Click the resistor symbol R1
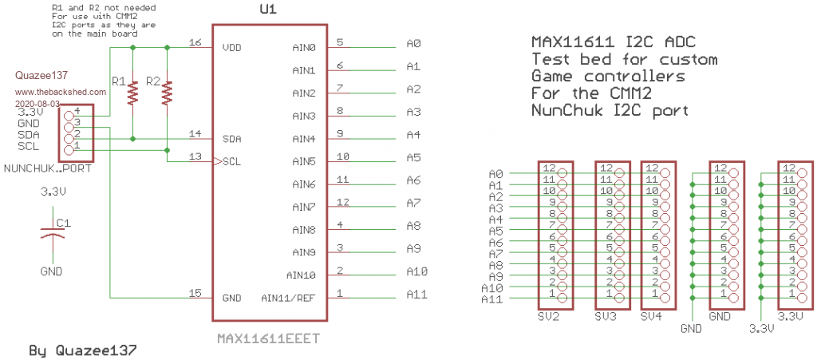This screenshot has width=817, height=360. (133, 93)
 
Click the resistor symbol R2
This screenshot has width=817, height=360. (167, 93)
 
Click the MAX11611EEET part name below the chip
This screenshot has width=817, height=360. (268, 338)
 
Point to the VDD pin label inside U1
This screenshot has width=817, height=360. (231, 48)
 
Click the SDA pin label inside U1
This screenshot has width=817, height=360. (231, 139)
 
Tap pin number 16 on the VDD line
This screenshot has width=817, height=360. (194, 42)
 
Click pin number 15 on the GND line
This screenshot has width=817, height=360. (194, 292)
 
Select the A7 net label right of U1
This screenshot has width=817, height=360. (413, 203)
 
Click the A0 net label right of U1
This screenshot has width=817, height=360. (413, 43)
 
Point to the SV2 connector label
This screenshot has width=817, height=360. (549, 317)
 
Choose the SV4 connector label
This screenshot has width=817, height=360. (651, 317)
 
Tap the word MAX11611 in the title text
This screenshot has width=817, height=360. (568, 42)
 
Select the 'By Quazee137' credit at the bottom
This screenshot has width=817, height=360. (82, 350)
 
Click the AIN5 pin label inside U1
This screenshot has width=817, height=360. (303, 161)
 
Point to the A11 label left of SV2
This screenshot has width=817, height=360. (492, 299)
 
